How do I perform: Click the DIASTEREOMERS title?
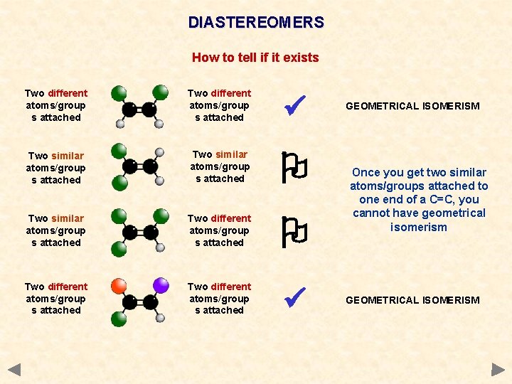tap(256, 23)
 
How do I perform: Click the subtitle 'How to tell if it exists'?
tap(255, 58)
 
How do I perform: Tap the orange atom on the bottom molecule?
tap(119, 287)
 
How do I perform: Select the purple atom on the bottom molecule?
tap(160, 286)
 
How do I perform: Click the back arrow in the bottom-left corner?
tap(14, 370)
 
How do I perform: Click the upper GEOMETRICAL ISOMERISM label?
tap(412, 106)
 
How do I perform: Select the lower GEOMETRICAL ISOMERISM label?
tap(412, 300)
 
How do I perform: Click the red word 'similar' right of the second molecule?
tap(231, 154)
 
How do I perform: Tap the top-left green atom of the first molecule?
tap(119, 92)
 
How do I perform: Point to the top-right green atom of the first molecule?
tap(161, 92)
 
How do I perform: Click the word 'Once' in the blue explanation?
tap(367, 173)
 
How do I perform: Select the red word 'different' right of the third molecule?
tap(230, 218)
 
